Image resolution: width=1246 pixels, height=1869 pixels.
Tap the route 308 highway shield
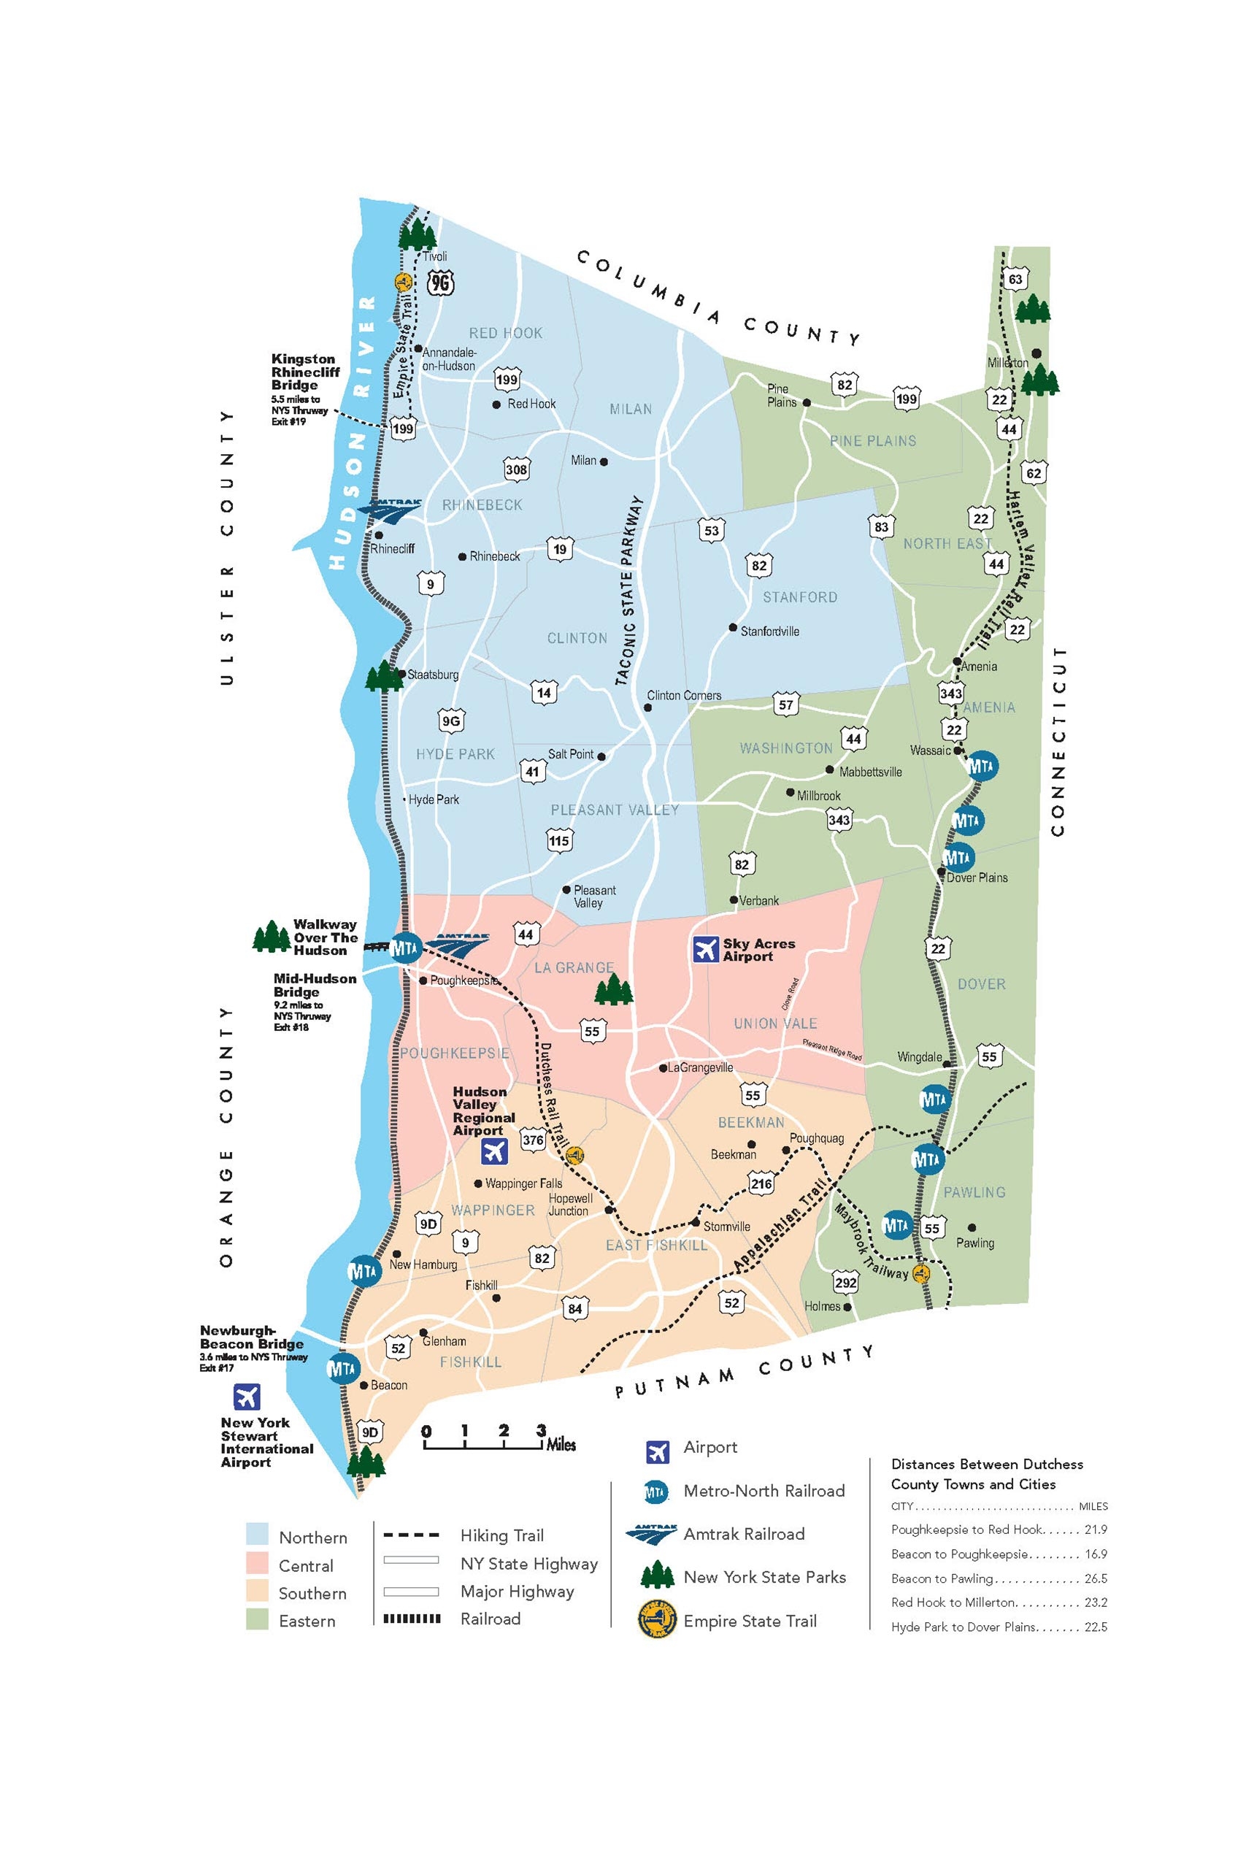pos(517,469)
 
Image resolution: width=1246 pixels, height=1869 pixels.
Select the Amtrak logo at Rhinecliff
pos(389,510)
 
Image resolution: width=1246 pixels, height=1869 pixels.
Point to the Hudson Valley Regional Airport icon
pos(494,1151)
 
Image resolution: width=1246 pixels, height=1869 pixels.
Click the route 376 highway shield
pos(532,1140)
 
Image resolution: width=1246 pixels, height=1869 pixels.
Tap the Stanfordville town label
pos(769,632)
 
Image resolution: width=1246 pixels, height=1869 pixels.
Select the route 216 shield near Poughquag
pos(761,1184)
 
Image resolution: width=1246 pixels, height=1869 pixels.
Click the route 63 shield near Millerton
pos(1015,280)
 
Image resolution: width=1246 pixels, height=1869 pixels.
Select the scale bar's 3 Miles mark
pos(541,1431)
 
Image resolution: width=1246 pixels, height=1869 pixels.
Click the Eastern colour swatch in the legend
pos(258,1620)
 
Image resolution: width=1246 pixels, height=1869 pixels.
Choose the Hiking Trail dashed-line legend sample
pos(411,1536)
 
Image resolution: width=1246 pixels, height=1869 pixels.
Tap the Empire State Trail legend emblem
pos(657,1620)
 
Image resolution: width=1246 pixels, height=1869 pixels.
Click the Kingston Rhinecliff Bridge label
pos(304,372)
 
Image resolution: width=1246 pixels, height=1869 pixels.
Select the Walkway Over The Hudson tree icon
pos(271,937)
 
